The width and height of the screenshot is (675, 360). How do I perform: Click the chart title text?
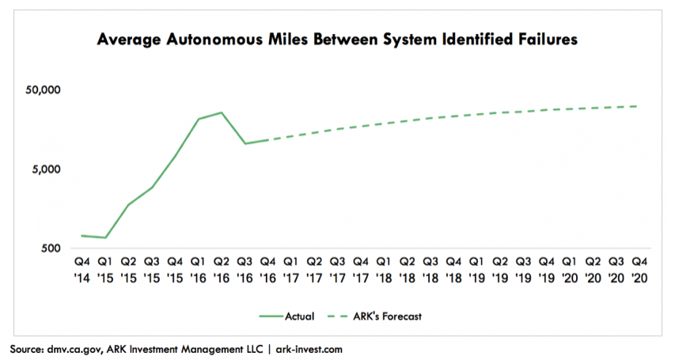pyautogui.click(x=337, y=39)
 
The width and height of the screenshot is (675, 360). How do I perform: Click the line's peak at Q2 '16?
pyautogui.click(x=222, y=112)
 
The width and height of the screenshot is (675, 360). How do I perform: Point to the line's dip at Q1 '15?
pyautogui.click(x=105, y=237)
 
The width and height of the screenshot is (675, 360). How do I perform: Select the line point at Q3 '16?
pyautogui.click(x=245, y=143)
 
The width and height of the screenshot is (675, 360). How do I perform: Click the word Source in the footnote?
pyautogui.click(x=28, y=348)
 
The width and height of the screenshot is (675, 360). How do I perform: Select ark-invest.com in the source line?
pyautogui.click(x=303, y=348)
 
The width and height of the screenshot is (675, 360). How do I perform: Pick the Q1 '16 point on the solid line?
pyautogui.click(x=199, y=119)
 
